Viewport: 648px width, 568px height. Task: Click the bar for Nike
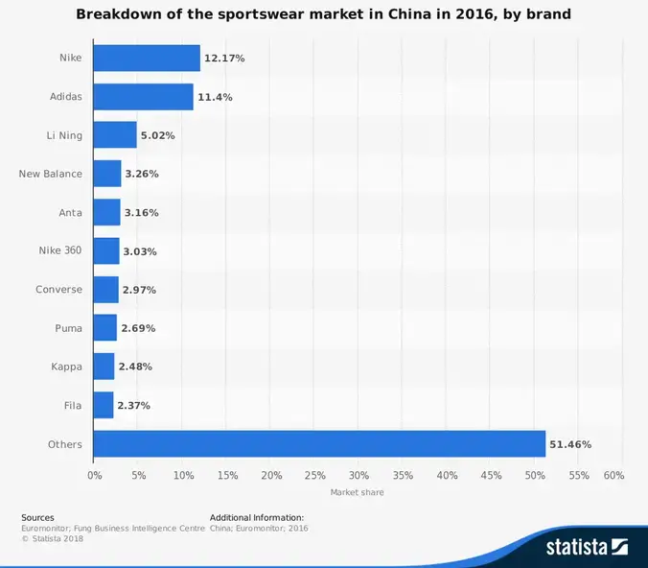click(147, 59)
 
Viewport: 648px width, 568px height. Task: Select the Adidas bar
click(143, 97)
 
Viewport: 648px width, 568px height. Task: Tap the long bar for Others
click(319, 444)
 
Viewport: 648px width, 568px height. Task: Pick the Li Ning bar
click(115, 135)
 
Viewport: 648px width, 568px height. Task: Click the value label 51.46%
click(570, 444)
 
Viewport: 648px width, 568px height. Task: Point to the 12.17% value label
click(224, 59)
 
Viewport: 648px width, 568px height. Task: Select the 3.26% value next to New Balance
click(141, 175)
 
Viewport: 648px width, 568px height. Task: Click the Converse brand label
click(58, 290)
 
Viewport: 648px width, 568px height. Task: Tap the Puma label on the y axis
click(68, 328)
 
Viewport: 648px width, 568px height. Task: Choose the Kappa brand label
click(66, 367)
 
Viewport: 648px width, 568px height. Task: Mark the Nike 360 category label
click(59, 251)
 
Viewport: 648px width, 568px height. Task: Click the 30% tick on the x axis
click(359, 475)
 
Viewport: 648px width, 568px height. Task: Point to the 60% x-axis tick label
click(614, 475)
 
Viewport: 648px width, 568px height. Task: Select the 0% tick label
click(94, 475)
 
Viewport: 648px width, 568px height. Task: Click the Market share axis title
click(357, 492)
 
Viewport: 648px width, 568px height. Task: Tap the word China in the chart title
click(417, 15)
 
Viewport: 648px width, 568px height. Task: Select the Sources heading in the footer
click(37, 517)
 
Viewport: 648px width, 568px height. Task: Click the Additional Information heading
click(256, 517)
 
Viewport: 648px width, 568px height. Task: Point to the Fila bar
click(104, 405)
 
